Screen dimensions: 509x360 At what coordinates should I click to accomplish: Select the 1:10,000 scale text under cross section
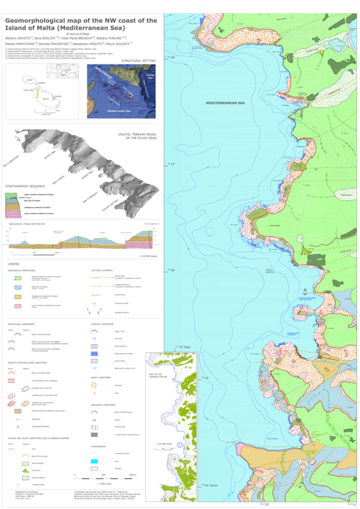click(x=148, y=257)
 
